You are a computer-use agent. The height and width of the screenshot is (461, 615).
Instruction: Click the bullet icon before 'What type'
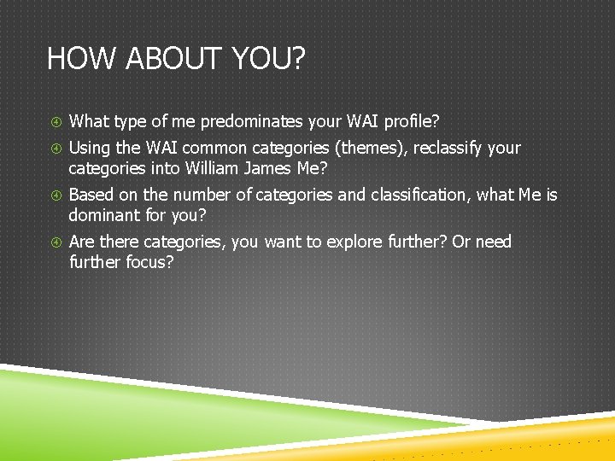pos(54,122)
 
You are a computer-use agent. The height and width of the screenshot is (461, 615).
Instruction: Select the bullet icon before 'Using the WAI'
pos(54,149)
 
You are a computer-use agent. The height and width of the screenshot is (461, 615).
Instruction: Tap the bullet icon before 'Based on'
pos(54,195)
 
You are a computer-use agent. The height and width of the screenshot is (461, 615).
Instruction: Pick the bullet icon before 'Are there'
pos(54,242)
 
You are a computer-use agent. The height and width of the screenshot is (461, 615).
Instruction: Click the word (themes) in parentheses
pos(371,149)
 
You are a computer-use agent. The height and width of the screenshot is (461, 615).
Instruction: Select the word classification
pos(419,195)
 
